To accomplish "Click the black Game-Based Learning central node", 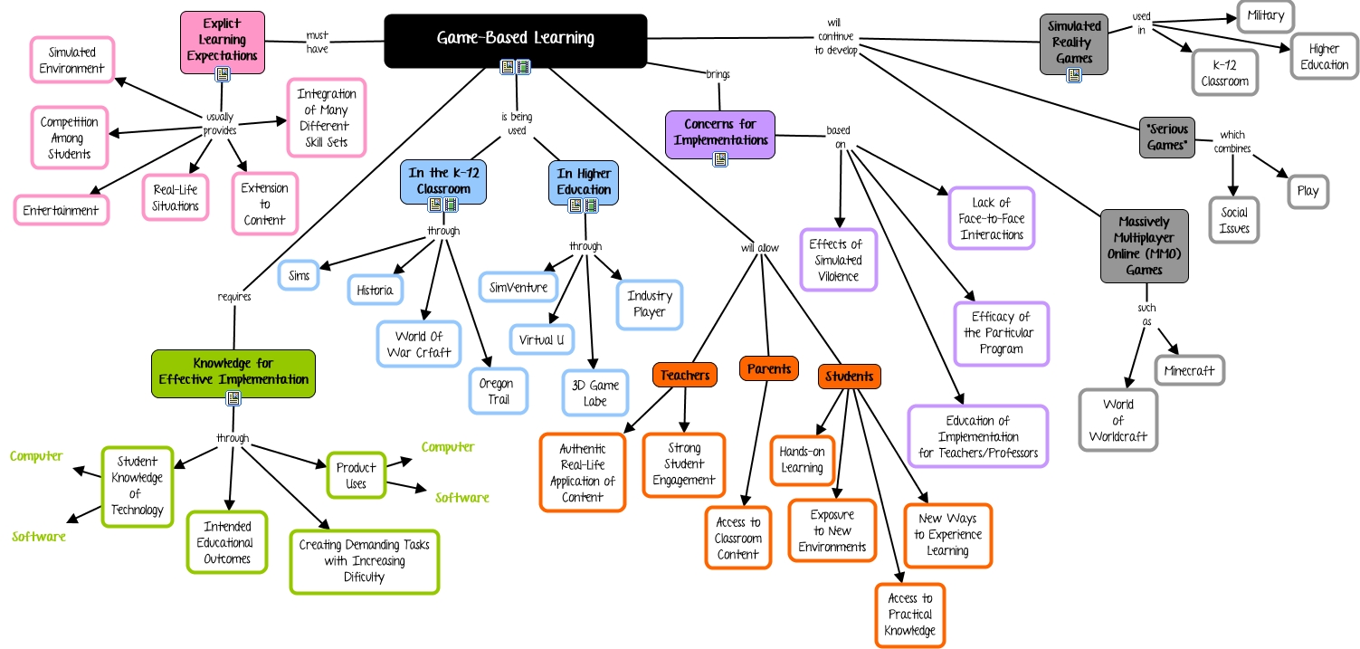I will point(515,39).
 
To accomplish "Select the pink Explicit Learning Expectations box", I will point(222,41).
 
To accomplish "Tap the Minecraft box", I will point(1189,370).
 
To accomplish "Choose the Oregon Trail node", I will point(497,391).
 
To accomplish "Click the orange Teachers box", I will point(684,375).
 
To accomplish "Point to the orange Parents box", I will point(769,368).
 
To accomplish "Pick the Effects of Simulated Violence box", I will point(837,260).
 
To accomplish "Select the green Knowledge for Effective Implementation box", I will point(233,371).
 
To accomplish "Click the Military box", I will point(1264,15).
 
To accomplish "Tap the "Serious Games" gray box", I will point(1166,137).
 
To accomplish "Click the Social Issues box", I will point(1234,220).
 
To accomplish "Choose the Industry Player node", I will point(650,304).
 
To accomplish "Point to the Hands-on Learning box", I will point(803,459).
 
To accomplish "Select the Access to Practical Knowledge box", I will point(909,615).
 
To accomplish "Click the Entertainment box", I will point(61,210).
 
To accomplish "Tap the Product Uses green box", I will point(357,475).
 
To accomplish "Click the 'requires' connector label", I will point(233,296).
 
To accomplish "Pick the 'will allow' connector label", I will point(759,245).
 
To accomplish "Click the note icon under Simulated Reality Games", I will point(1074,75).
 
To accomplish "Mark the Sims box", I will point(299,273).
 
